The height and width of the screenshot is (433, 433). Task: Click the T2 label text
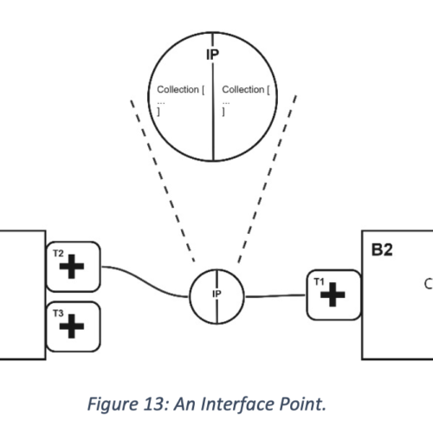click(x=58, y=254)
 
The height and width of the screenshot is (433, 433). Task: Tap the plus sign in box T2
click(x=72, y=267)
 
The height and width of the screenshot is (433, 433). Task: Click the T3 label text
click(x=58, y=313)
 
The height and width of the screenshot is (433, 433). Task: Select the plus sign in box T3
click(x=72, y=326)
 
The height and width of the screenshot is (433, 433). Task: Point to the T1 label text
click(x=320, y=281)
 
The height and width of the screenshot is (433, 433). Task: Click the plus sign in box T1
click(x=333, y=294)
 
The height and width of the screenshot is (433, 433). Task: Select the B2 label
click(x=382, y=250)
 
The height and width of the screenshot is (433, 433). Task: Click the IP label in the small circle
click(x=216, y=294)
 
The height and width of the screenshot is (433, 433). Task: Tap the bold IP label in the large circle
click(x=213, y=55)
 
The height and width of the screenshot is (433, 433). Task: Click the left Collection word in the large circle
click(x=178, y=89)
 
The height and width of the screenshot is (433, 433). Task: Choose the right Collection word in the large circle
click(x=243, y=89)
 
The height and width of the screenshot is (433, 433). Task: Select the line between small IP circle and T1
click(x=275, y=295)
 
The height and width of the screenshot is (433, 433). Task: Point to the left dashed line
click(x=163, y=181)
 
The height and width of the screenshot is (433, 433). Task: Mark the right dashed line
click(x=268, y=179)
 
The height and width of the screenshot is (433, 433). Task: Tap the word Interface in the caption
click(x=237, y=404)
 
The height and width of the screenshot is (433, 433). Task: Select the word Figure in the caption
click(x=113, y=404)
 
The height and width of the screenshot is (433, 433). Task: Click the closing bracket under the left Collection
click(x=158, y=111)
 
